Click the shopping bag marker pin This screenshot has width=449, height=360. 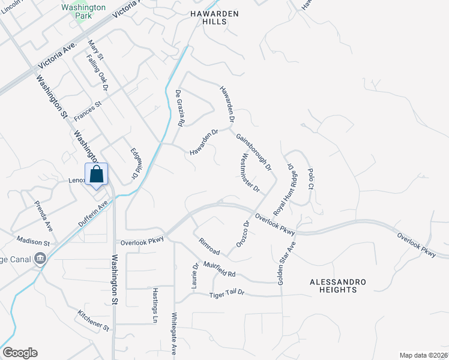click(96, 175)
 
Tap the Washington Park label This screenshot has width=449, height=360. click(83, 11)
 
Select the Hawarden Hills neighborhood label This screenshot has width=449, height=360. click(215, 17)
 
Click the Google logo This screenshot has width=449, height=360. click(20, 353)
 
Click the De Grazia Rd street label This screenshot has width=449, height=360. click(179, 108)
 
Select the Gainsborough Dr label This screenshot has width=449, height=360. click(253, 151)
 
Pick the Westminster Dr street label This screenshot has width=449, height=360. click(250, 173)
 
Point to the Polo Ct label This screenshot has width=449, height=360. click(311, 178)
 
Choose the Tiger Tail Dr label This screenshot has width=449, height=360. click(227, 294)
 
